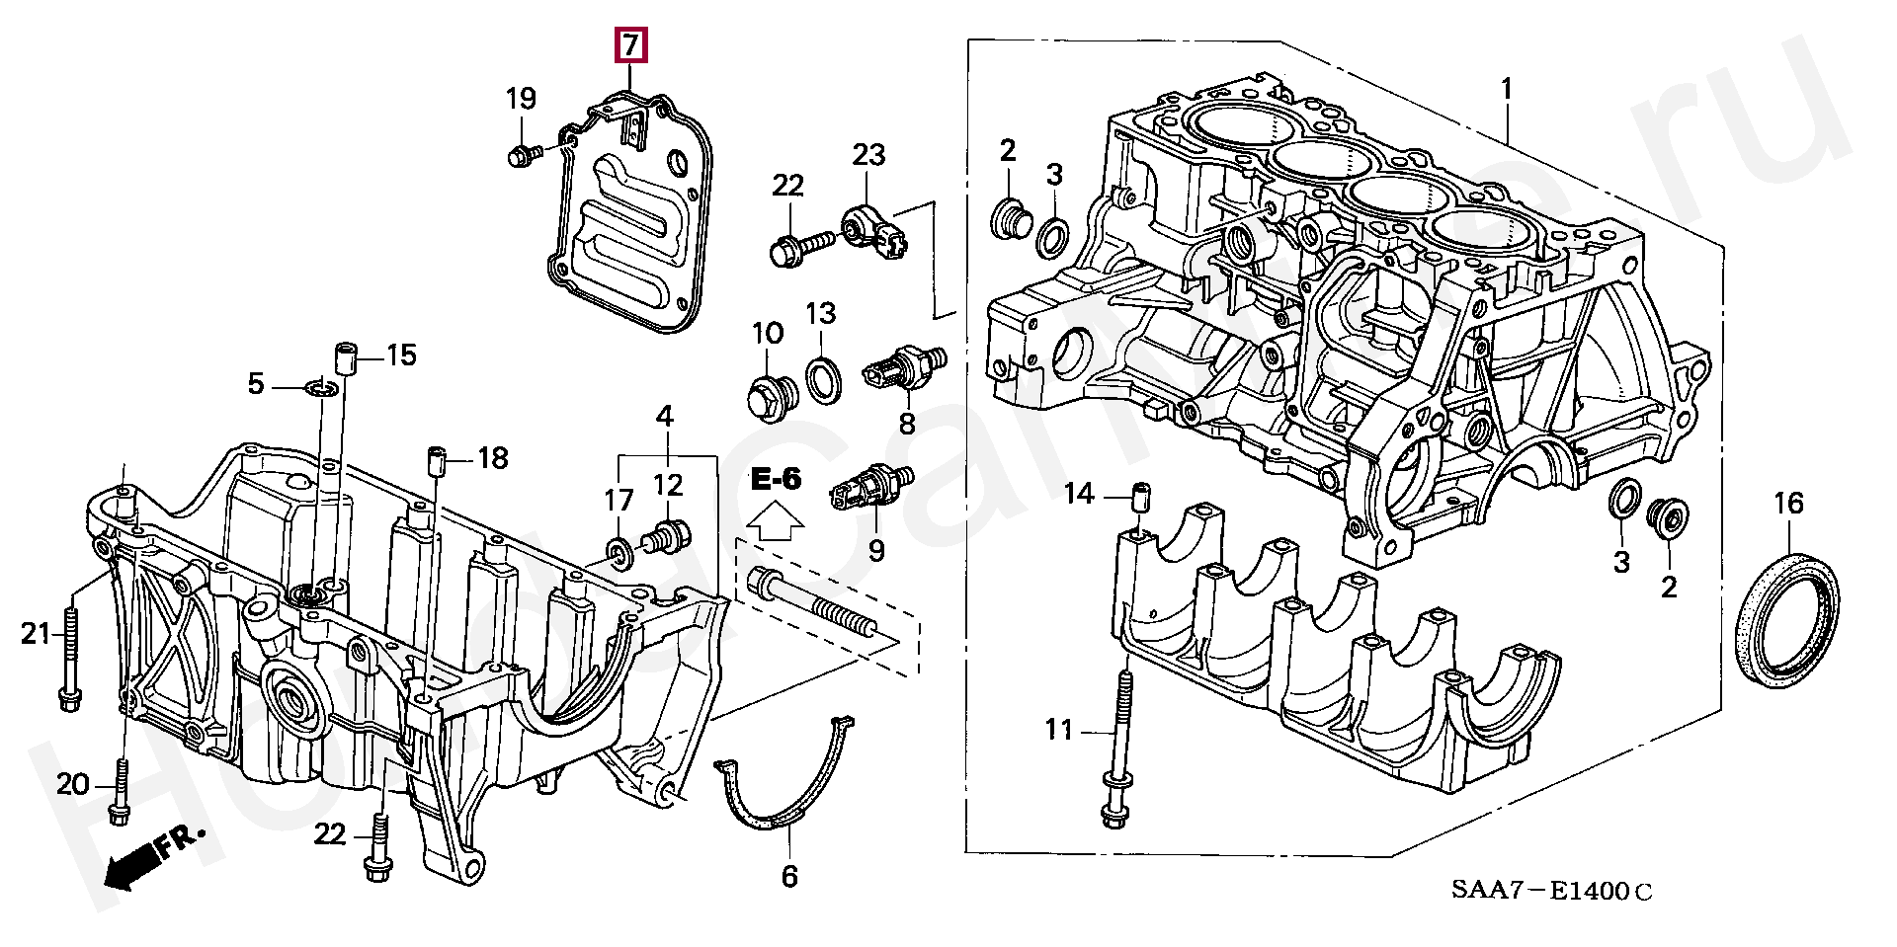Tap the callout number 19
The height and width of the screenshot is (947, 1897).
coord(522,99)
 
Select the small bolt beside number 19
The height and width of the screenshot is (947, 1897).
coord(523,155)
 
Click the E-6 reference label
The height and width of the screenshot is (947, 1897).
coord(776,480)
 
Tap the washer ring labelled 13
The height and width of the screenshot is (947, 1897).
coord(824,380)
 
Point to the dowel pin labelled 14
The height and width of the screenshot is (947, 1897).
coord(1139,495)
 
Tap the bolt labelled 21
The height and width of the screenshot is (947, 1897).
coord(71,662)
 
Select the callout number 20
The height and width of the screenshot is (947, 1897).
coord(72,785)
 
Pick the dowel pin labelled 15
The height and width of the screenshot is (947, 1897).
coord(345,356)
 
